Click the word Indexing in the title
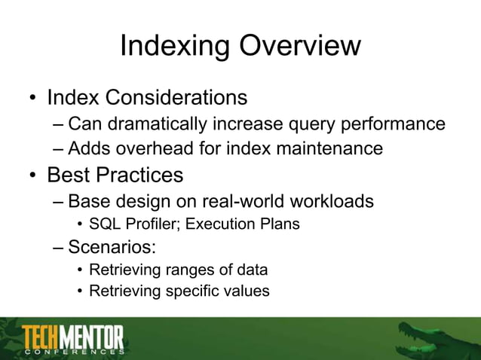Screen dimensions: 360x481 click(175, 47)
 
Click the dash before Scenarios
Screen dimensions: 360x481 click(59, 246)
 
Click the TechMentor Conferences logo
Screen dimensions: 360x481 click(72, 340)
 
